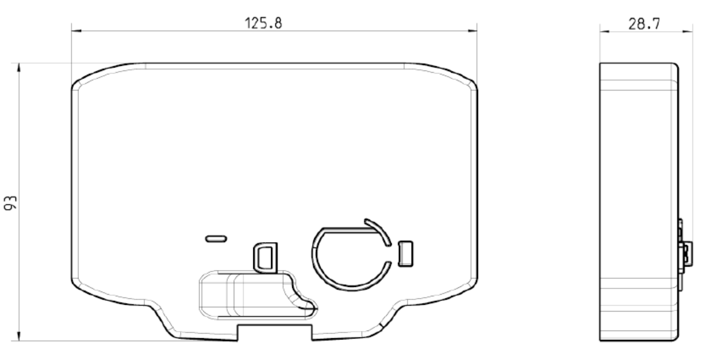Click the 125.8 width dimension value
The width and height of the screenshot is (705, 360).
(263, 23)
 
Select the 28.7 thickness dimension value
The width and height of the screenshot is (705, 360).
(644, 24)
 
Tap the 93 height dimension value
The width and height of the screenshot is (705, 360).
(11, 203)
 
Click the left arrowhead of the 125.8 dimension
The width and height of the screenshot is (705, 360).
(76, 31)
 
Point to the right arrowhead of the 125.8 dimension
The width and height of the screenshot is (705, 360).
(472, 31)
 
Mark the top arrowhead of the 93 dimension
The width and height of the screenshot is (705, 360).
(19, 68)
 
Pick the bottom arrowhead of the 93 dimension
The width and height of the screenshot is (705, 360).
(19, 336)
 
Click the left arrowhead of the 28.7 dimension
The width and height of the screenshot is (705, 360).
(604, 32)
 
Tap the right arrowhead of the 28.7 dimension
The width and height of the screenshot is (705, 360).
(688, 32)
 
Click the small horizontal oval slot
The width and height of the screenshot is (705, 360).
(216, 239)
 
